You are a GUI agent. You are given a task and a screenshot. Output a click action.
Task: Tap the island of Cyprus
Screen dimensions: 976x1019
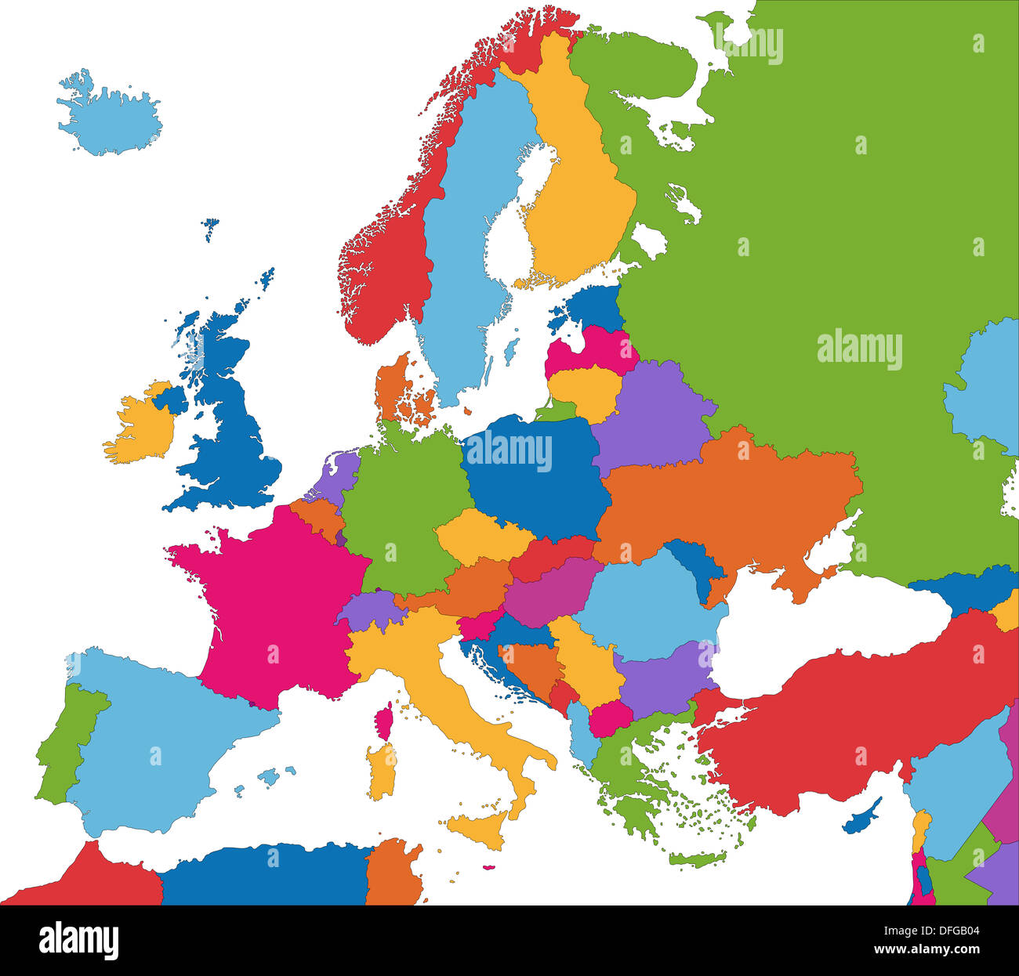click(x=860, y=817)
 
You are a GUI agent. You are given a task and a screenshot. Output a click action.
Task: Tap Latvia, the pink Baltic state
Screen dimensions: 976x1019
click(x=592, y=351)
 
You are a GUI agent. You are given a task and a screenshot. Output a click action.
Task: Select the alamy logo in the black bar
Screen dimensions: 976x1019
click(x=79, y=940)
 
